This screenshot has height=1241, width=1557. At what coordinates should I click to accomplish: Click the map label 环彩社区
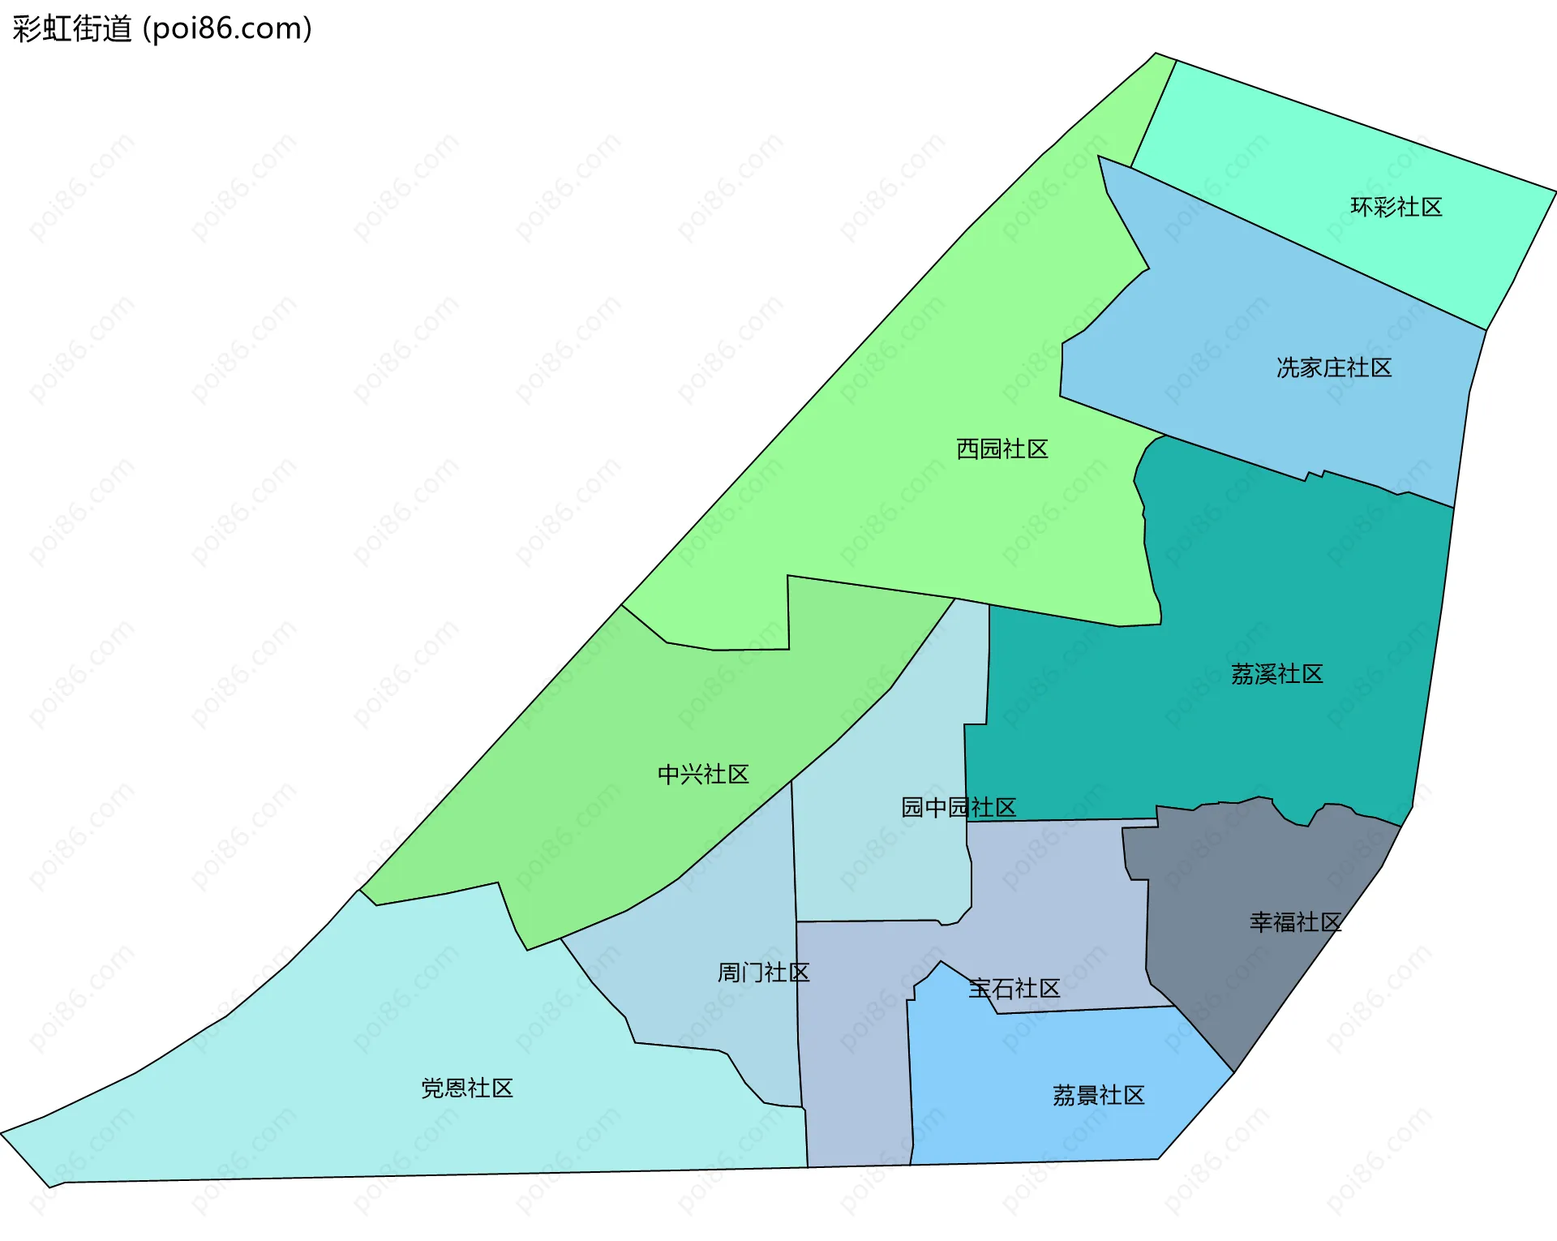point(1396,208)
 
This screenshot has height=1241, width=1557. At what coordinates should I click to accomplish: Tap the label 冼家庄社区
point(1334,368)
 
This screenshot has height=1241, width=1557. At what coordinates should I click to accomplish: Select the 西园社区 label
point(1002,449)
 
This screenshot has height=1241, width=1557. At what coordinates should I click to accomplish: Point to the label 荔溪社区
point(1276,674)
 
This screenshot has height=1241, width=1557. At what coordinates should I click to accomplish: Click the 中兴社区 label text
point(703,775)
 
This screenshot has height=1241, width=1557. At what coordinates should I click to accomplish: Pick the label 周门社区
point(763,973)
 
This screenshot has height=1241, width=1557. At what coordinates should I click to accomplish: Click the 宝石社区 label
point(1014,989)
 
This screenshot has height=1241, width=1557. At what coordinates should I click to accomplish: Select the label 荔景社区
point(1098,1096)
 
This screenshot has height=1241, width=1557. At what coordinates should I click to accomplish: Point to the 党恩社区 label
point(467,1089)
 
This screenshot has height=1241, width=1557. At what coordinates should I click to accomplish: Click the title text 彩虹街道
point(72,29)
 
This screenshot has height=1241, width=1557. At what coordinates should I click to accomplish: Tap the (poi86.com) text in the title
point(227,29)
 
